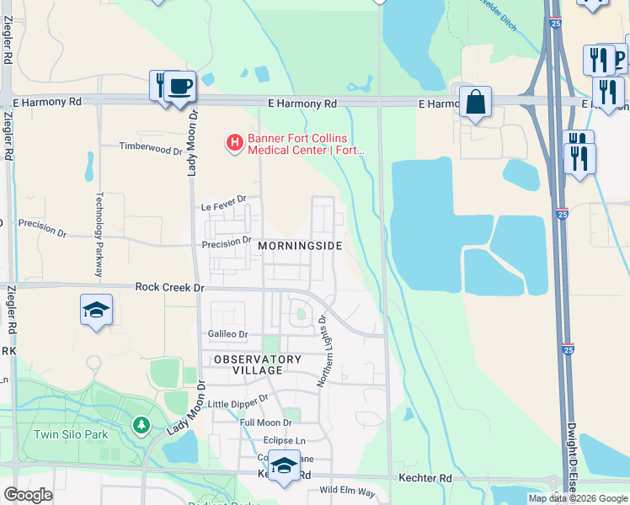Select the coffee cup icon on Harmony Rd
[x=179, y=87]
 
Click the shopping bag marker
[x=475, y=103]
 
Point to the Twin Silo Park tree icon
[x=141, y=425]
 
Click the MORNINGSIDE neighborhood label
[x=300, y=246]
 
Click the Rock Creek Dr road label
[x=169, y=287]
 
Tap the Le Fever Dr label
[x=223, y=202]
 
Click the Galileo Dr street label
[x=227, y=334]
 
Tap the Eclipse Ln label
[x=284, y=440]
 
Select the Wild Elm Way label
[x=347, y=490]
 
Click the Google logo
[x=29, y=495]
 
